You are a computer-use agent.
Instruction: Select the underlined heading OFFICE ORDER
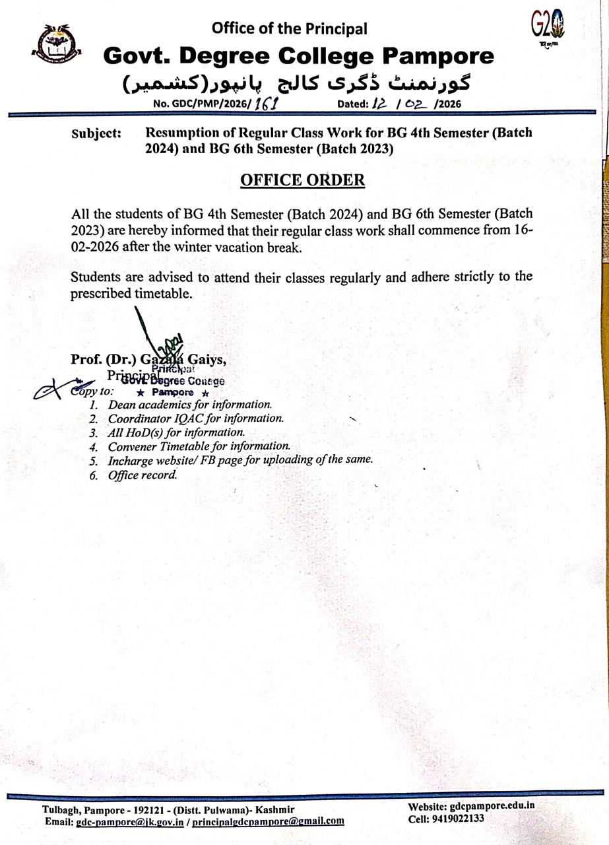pyautogui.click(x=302, y=180)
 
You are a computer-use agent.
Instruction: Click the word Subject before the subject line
pyautogui.click(x=96, y=134)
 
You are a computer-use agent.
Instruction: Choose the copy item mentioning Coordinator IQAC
pyautogui.click(x=196, y=419)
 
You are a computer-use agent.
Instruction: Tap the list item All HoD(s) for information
pyautogui.click(x=176, y=433)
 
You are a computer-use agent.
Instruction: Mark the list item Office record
pyautogui.click(x=143, y=475)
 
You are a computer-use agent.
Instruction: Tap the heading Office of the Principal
pyautogui.click(x=289, y=28)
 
